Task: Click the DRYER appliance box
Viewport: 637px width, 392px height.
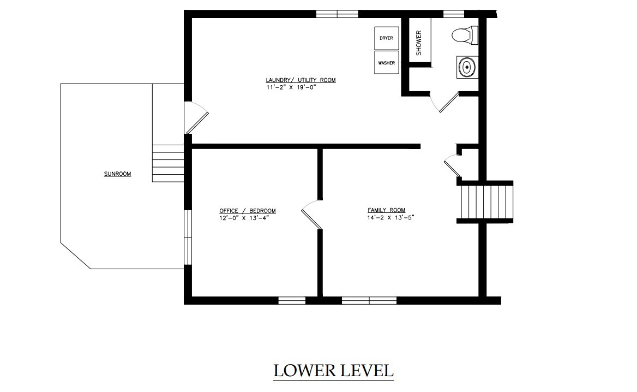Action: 386,38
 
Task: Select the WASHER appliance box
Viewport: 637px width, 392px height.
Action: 386,63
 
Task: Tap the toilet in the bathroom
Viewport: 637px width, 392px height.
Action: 465,35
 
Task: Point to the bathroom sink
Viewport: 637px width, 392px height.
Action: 467,67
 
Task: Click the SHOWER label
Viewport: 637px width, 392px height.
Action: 419,43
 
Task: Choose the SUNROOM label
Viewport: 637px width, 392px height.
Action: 117,174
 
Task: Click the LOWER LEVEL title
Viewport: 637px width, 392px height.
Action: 334,371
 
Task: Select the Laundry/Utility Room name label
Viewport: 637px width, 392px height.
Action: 301,80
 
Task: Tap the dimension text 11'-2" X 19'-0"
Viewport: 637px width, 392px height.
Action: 291,87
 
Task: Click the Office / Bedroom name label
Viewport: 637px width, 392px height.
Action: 248,211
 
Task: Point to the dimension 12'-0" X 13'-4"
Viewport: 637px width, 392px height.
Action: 244,217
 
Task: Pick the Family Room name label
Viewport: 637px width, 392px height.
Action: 386,210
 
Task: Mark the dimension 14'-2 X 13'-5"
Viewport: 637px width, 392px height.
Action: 390,217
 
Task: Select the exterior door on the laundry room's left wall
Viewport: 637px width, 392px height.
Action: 197,117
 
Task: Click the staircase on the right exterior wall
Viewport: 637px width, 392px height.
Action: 485,202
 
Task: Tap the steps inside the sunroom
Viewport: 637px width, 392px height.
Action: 168,163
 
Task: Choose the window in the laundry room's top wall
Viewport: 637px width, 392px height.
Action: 337,14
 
